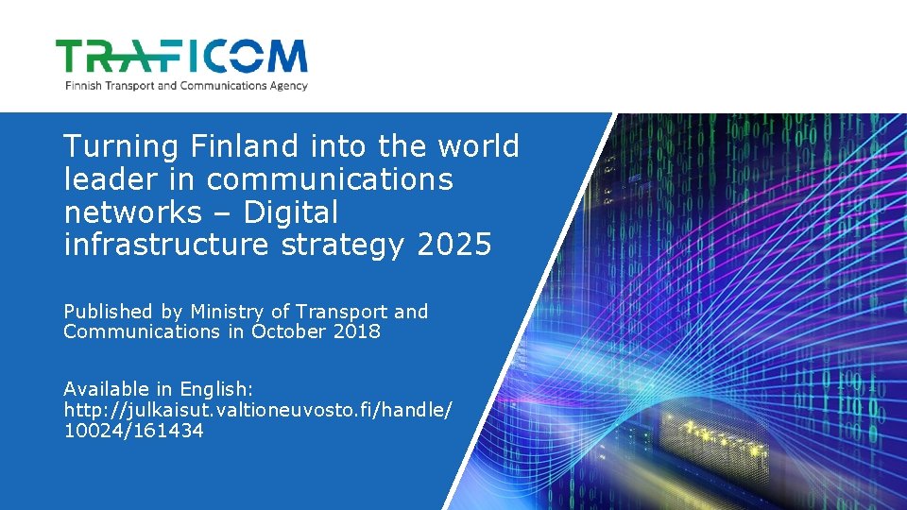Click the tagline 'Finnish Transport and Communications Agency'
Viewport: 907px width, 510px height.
[x=186, y=85]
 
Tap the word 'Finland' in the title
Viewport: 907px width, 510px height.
[x=248, y=146]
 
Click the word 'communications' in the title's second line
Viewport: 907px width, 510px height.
[x=330, y=179]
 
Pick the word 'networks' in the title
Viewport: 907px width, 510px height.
[x=132, y=212]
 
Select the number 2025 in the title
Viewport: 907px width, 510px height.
[x=453, y=246]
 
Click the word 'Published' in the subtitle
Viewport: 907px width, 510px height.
[x=108, y=312]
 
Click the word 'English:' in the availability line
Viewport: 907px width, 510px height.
[x=216, y=389]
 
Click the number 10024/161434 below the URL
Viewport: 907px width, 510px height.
[x=133, y=431]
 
